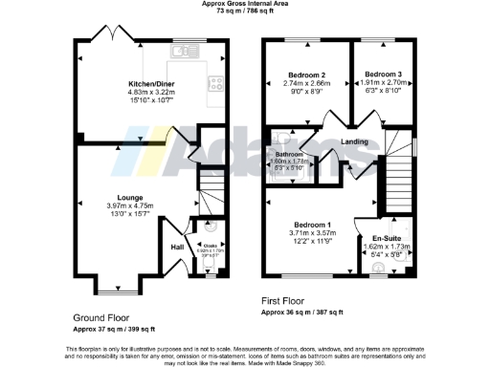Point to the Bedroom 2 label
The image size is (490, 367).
(307, 75)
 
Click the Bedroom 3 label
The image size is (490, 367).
(382, 75)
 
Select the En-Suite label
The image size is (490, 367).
(387, 238)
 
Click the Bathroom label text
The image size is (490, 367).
(289, 154)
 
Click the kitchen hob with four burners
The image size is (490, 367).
(216, 83)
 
